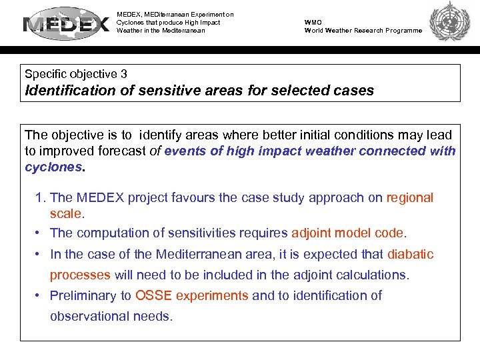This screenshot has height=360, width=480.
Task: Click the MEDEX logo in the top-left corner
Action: click(67, 25)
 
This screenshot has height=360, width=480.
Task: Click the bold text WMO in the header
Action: click(313, 22)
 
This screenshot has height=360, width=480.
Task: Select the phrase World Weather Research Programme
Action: click(363, 31)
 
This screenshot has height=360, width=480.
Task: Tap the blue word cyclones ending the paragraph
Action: click(53, 167)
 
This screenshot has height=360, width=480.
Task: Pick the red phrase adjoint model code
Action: click(347, 233)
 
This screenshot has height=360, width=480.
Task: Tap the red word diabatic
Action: click(410, 254)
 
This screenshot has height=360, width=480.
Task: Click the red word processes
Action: click(80, 275)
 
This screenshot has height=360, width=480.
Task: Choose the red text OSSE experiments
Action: click(191, 295)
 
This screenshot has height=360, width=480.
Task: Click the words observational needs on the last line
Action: click(111, 316)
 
